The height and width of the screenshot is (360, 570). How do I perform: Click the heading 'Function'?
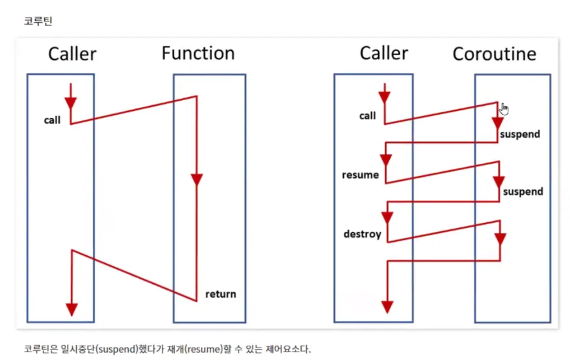tap(198, 53)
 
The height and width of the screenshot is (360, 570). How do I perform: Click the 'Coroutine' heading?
tap(495, 54)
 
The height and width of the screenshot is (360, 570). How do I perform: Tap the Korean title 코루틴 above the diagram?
tap(38, 21)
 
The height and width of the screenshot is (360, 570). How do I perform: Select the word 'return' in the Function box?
tap(221, 294)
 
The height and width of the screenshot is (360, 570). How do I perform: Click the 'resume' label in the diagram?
tap(360, 175)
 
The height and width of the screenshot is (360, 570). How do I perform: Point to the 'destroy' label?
tap(363, 234)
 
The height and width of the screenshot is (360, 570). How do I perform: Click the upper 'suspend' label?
tap(520, 135)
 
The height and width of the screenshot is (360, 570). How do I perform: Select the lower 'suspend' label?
tap(523, 192)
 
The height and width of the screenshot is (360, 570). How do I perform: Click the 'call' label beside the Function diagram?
tap(52, 120)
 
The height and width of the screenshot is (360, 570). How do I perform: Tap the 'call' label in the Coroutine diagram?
tap(367, 116)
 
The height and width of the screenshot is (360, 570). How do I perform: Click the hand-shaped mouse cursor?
tap(504, 109)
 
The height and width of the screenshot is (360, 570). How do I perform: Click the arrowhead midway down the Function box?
tap(197, 180)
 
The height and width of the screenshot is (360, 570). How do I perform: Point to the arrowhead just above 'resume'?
tap(385, 161)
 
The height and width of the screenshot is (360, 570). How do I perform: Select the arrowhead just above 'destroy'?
tap(387, 218)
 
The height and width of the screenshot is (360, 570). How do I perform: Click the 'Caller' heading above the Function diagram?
tap(72, 54)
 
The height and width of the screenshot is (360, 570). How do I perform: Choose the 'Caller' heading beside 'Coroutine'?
tap(384, 53)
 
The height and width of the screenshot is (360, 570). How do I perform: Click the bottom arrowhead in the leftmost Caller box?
tap(71, 309)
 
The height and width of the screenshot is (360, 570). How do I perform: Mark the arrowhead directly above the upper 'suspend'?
tap(497, 123)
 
